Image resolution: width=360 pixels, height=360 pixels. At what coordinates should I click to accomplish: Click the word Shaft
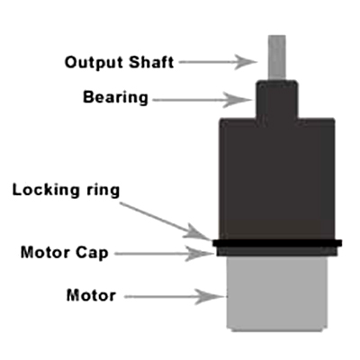pos(151,62)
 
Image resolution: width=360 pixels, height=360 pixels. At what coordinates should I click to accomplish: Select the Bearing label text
pos(115,98)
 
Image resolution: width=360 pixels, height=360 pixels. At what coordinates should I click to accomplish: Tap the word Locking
pos(46,190)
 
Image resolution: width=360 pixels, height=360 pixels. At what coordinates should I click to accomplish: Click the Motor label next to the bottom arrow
pos(91,295)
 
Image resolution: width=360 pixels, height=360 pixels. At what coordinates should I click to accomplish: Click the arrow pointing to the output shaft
pos(218,62)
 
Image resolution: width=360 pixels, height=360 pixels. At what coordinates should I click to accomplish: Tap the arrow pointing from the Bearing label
pos(202,100)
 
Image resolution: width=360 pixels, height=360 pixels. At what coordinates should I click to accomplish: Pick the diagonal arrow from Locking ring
pos(166,221)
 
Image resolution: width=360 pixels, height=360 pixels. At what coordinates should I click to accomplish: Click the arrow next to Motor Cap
pos(164,254)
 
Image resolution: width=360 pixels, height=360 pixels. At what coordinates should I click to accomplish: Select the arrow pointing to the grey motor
pos(175,297)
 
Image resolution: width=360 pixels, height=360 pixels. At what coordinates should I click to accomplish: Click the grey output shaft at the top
pos(277,58)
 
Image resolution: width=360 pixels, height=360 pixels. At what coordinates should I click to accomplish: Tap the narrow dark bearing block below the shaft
pos(276,99)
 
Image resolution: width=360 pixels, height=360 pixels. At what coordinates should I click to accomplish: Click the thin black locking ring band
pos(277,243)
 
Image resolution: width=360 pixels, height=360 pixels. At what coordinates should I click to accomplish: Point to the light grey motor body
pos(277,293)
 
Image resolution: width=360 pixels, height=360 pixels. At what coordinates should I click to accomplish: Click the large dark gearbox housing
pos(277,179)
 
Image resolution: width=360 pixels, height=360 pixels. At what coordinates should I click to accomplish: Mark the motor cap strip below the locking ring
pos(276,251)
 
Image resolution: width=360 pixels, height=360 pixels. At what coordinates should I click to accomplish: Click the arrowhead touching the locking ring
pos(199,232)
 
